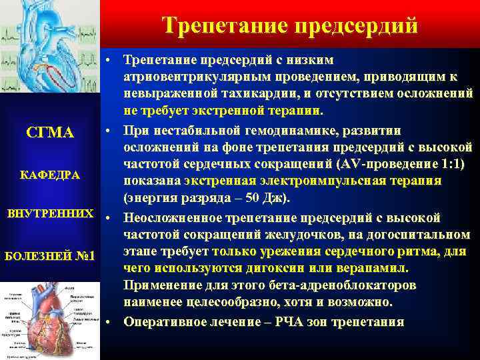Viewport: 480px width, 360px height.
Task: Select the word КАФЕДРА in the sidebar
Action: tap(51, 175)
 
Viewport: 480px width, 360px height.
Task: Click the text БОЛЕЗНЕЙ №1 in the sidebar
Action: tap(51, 256)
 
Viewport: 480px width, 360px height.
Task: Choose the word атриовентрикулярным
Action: tap(187, 77)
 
